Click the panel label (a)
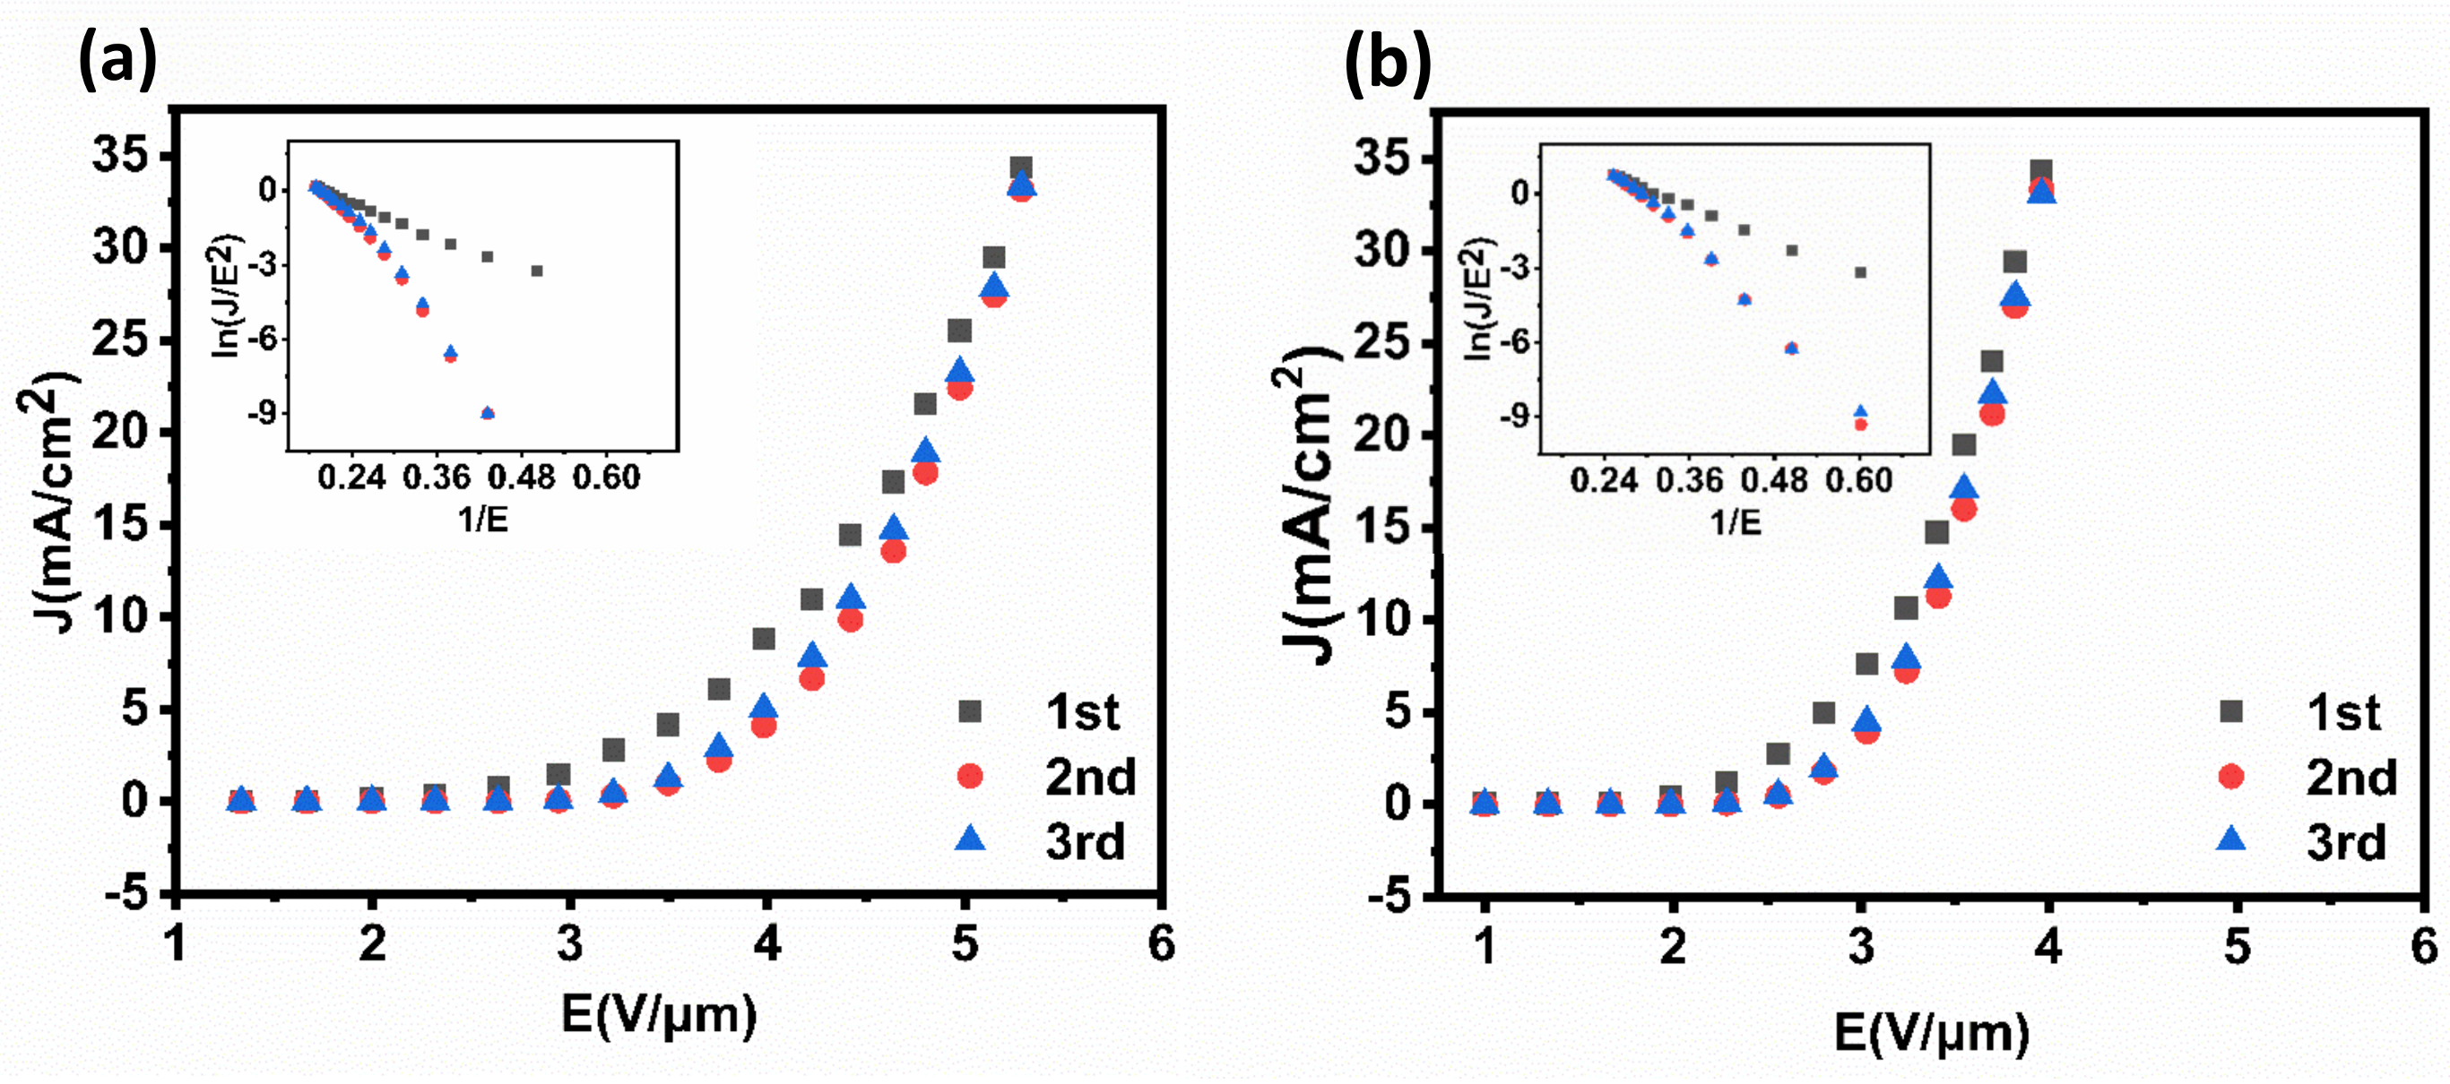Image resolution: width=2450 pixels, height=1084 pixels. tap(117, 59)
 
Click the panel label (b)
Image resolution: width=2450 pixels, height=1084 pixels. tap(1387, 63)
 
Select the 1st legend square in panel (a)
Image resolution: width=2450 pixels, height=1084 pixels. tap(969, 711)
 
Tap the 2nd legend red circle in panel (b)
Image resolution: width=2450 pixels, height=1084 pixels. tap(2230, 777)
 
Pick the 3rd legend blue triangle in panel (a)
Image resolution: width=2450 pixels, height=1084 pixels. tap(970, 839)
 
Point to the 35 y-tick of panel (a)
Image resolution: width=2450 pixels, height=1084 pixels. tap(121, 155)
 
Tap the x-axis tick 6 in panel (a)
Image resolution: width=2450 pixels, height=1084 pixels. tap(1161, 944)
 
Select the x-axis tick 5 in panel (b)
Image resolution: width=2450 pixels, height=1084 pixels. tap(2237, 946)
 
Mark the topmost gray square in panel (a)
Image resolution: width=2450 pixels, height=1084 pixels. tap(1020, 168)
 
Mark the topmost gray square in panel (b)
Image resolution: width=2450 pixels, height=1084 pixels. tap(2041, 172)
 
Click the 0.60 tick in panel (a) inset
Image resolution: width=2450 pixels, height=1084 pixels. tap(606, 477)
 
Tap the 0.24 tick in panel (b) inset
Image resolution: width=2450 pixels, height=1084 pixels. tap(1604, 480)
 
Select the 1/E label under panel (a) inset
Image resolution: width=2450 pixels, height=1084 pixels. tap(483, 520)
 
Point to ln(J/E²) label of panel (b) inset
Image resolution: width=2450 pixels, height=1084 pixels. tap(1478, 297)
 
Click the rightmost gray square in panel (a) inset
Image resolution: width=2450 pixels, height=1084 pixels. tap(536, 271)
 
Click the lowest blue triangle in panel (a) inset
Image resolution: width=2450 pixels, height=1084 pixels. tap(488, 412)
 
